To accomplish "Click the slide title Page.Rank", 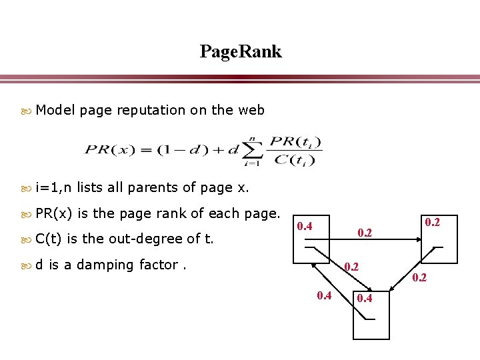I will point(241,51).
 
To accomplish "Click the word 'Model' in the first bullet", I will point(55,110).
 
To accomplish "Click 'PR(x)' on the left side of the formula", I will point(108,149).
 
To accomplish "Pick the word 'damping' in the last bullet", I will point(105,265).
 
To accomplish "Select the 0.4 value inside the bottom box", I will point(365,297).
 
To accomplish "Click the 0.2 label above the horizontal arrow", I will point(363,233).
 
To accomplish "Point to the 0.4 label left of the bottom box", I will point(325,295).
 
